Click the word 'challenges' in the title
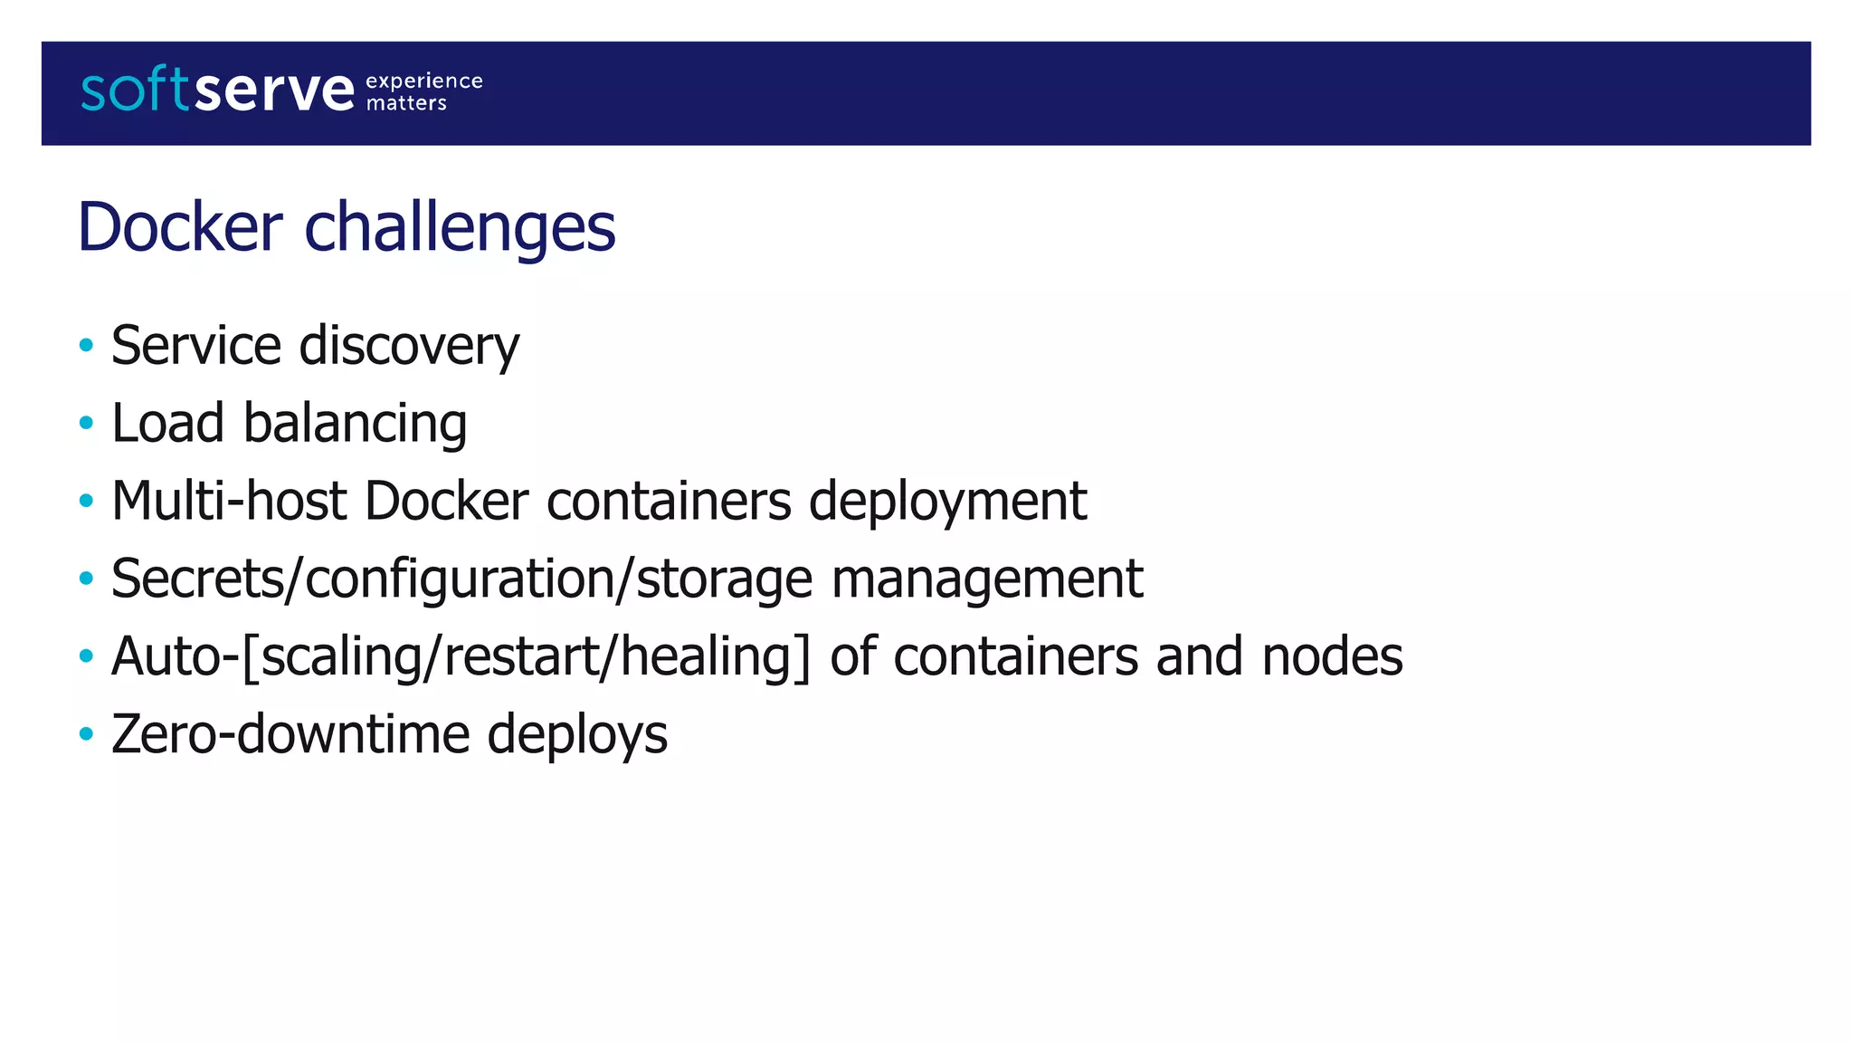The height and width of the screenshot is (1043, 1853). [460, 227]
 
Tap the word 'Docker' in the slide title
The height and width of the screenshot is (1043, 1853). [180, 227]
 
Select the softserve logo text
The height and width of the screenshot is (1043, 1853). [217, 91]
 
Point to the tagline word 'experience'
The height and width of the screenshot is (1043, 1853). [423, 81]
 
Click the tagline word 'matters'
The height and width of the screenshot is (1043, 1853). [406, 103]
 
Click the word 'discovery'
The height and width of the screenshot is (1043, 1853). [409, 346]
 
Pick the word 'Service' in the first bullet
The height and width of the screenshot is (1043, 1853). [196, 346]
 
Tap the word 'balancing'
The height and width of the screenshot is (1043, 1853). [355, 424]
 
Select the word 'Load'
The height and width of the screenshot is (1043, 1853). [167, 424]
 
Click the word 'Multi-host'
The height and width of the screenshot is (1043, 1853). [229, 501]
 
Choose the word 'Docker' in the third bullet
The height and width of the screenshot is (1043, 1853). [446, 501]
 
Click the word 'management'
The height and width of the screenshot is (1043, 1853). [987, 579]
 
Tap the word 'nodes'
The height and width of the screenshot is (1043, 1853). [1332, 656]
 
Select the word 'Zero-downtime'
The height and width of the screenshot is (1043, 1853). [290, 734]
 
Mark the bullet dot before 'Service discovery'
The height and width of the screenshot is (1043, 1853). [86, 345]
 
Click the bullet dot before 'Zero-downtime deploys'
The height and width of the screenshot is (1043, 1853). [86, 733]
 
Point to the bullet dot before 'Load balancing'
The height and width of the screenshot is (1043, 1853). [86, 423]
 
